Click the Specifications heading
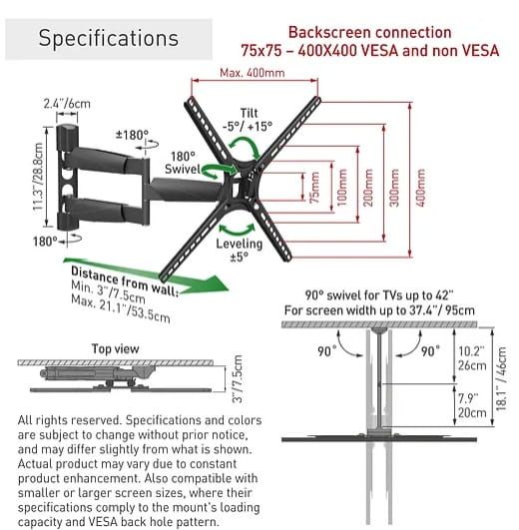click(x=109, y=38)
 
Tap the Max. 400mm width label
click(x=253, y=73)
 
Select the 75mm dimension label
click(x=314, y=188)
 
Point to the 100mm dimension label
click(x=342, y=188)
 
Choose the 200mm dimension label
click(x=368, y=188)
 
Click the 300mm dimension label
click(x=394, y=188)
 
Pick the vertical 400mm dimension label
click(x=420, y=188)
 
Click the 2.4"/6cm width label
click(x=67, y=104)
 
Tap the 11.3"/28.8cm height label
click(x=38, y=177)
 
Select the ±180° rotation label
click(x=132, y=135)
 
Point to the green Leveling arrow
click(x=238, y=229)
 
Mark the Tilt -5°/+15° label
click(x=248, y=120)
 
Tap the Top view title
click(x=115, y=348)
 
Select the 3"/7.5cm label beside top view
click(x=239, y=379)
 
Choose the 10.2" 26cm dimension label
click(x=472, y=358)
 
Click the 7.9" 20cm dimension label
click(x=472, y=405)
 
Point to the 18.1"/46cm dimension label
click(x=501, y=378)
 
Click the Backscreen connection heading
click(x=370, y=33)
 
